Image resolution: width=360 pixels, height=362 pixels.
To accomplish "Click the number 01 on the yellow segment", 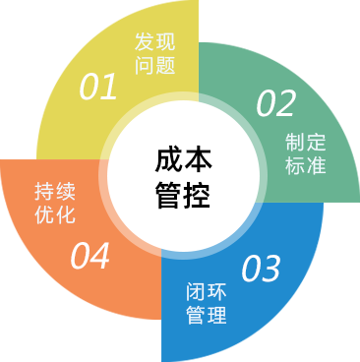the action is [98, 88].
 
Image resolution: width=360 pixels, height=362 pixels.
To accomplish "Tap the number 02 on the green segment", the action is [276, 102].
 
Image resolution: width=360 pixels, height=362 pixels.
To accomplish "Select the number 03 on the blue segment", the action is [261, 267].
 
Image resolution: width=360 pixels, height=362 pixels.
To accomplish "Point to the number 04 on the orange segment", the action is [90, 257].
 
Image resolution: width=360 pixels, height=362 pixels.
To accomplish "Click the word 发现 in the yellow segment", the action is [153, 43].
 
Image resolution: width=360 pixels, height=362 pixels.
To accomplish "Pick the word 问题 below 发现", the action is [153, 67].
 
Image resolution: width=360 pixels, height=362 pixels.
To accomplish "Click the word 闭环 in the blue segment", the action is [206, 292].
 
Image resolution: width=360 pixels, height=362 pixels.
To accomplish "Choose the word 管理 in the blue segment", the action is [206, 316].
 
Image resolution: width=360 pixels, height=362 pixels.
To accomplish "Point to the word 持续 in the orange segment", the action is [54, 191].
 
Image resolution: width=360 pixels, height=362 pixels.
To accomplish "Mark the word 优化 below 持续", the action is [54, 214].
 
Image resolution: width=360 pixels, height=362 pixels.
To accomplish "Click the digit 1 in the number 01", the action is [108, 88].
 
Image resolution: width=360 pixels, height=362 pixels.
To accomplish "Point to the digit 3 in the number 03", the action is [270, 267].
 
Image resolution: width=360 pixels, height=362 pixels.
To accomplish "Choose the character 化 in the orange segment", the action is [65, 214].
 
